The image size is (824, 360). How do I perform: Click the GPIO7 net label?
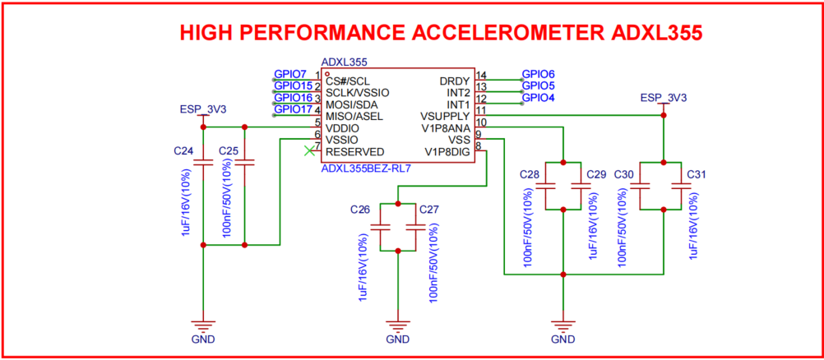290,75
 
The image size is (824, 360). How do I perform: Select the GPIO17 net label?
293,109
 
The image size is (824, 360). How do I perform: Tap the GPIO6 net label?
538,74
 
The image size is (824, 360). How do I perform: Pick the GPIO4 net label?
538,97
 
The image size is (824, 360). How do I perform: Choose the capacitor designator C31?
696,174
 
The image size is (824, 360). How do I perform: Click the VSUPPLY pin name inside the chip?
445,117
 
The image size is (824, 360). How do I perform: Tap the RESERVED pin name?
354,152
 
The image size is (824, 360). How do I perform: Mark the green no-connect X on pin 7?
309,150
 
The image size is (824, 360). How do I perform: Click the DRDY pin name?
455,81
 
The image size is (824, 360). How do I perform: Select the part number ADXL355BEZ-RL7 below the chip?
366,168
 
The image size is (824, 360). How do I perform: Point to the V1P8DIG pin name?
447,152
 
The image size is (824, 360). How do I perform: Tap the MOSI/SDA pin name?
352,105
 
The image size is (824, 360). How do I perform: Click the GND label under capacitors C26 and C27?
397,339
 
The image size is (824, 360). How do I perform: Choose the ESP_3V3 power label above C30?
663,98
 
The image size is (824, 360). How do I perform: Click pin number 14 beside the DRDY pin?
481,76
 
